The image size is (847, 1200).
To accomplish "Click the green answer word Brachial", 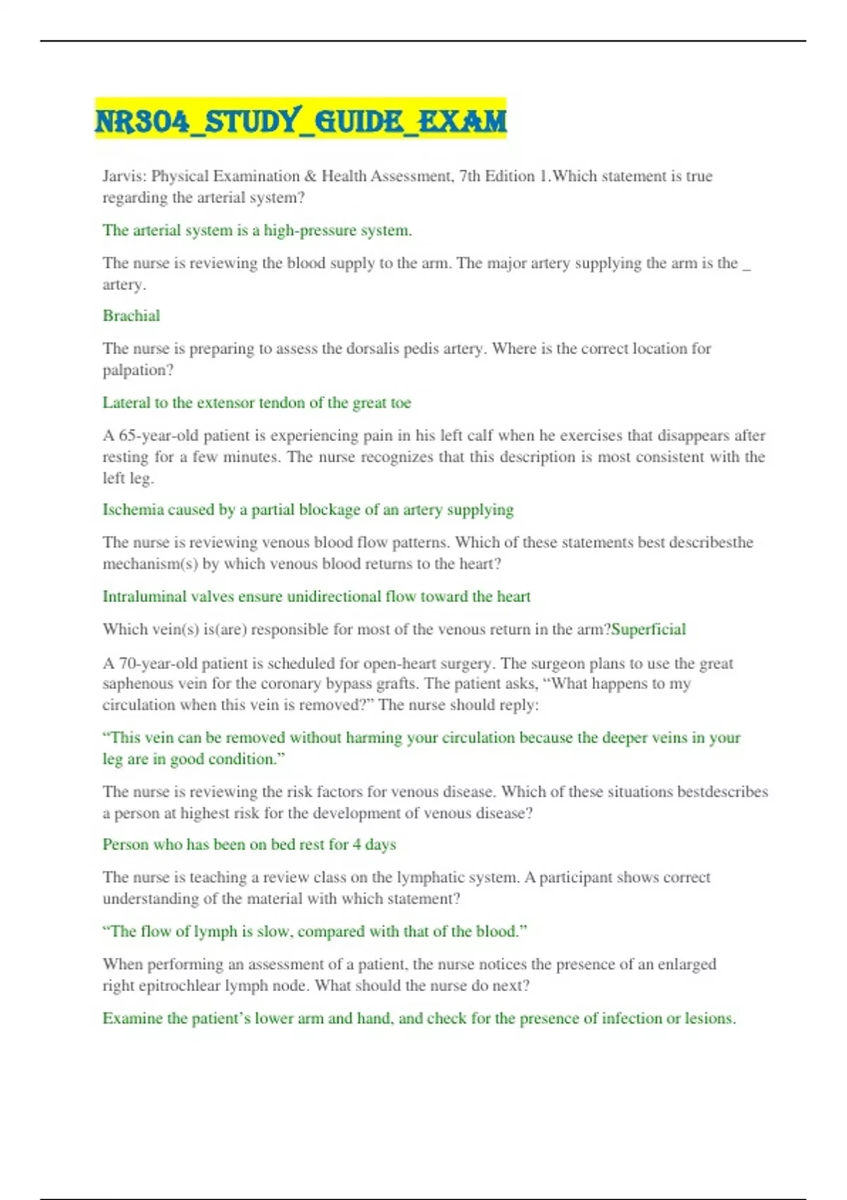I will tap(131, 316).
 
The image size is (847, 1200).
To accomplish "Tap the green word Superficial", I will tap(649, 629).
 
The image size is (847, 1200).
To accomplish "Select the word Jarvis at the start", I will tap(124, 176).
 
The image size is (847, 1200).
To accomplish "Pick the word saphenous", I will tap(138, 683).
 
